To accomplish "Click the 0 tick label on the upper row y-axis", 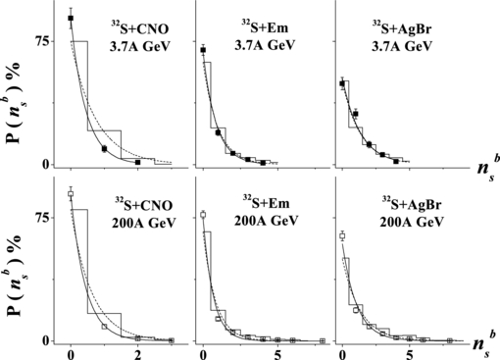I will (x=45, y=164).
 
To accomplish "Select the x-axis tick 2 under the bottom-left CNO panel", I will (x=138, y=352).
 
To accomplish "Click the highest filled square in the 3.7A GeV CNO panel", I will (x=71, y=18).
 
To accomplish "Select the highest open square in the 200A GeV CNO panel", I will (x=71, y=194).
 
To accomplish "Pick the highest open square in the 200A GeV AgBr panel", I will (x=342, y=235).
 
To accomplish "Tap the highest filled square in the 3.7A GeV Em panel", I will (x=203, y=50).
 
